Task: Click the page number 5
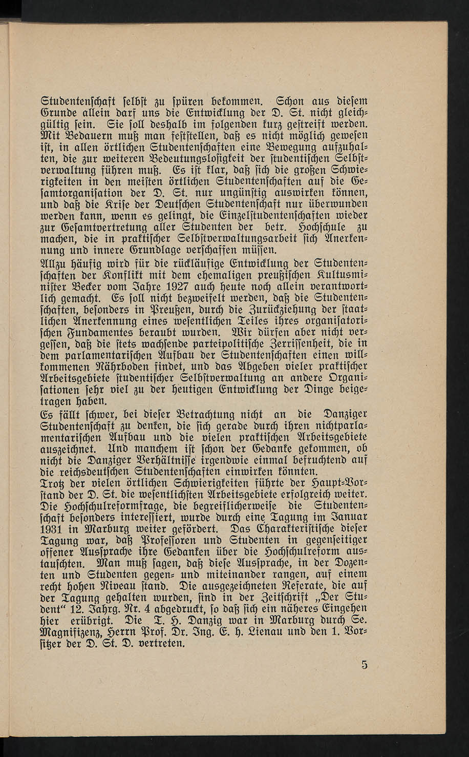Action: tap(364, 666)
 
